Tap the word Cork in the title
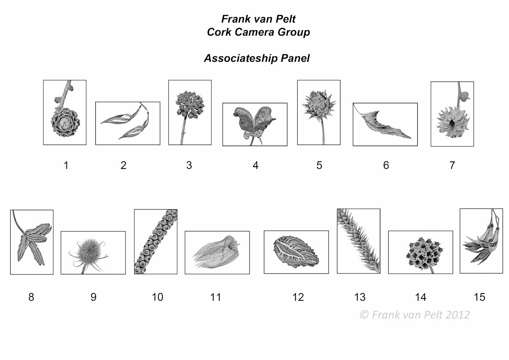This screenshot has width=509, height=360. (219, 32)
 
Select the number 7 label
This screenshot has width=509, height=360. (452, 165)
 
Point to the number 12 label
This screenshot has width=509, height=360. (298, 297)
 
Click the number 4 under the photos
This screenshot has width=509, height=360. (256, 165)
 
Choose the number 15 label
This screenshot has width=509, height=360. (479, 297)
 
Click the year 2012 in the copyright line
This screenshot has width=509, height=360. (458, 315)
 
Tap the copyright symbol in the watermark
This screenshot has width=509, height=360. (364, 315)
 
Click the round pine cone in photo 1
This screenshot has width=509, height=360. (65, 122)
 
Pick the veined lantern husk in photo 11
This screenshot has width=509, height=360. (216, 252)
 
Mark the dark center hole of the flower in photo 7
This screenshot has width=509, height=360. (452, 123)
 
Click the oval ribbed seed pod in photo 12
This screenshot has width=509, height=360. (296, 252)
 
